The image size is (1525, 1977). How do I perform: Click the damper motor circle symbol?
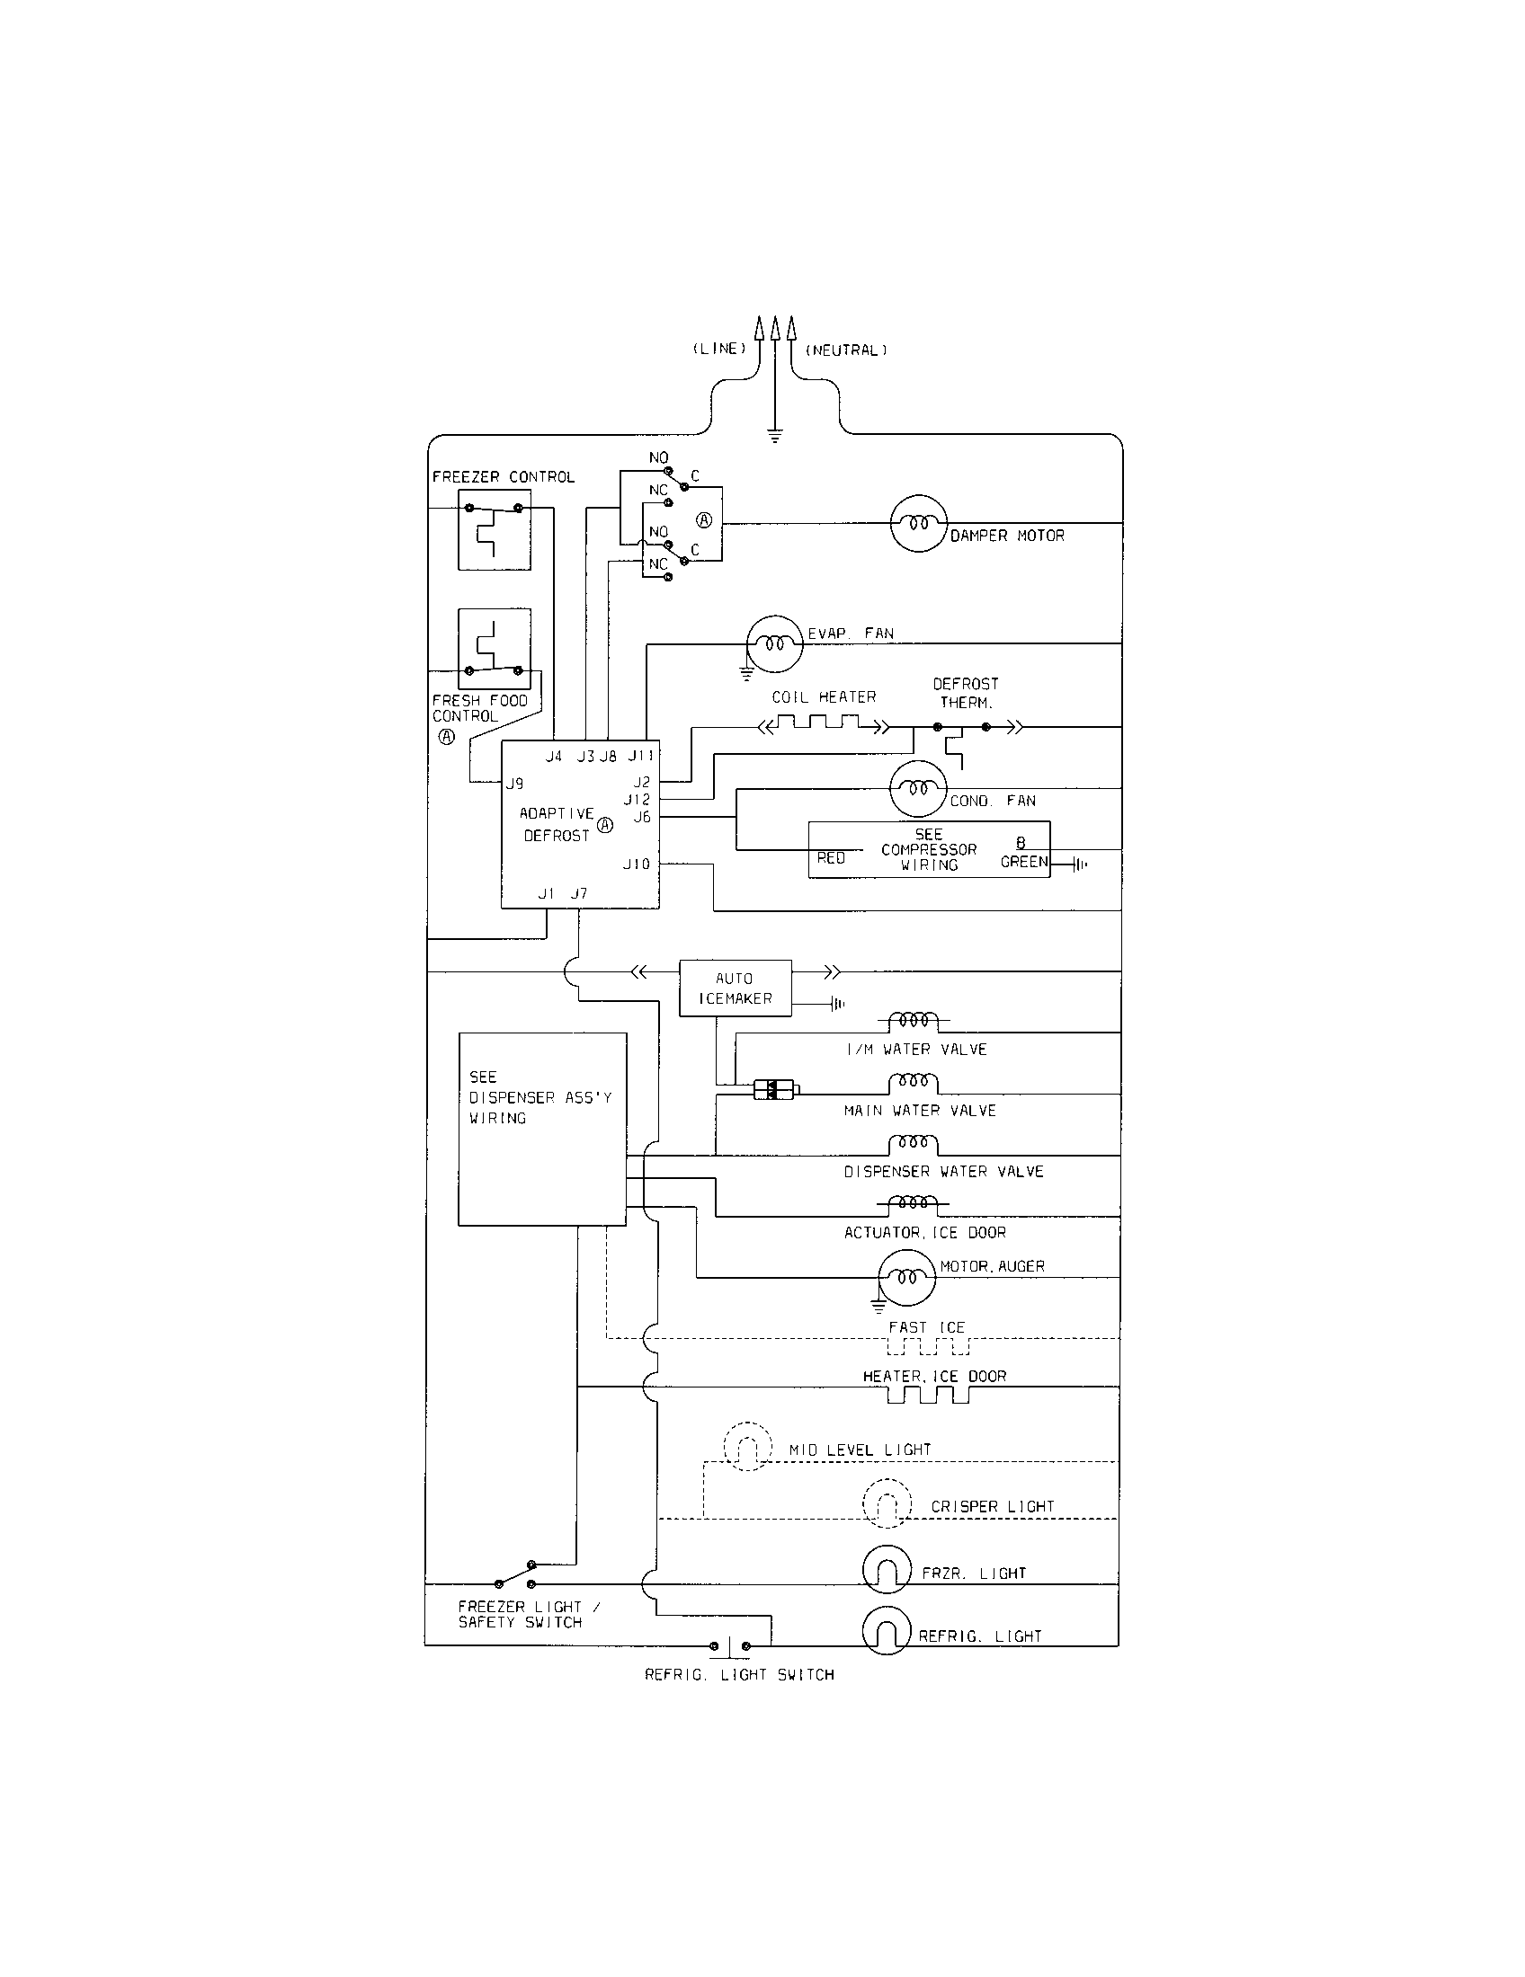918,523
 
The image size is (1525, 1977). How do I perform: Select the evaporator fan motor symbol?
774,643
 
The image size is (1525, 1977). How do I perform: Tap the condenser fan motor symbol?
918,788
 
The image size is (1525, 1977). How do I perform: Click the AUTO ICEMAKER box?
736,988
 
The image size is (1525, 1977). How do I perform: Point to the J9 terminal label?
514,783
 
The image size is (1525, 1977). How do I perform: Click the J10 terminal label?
637,864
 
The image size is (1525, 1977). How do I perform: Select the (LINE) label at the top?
719,350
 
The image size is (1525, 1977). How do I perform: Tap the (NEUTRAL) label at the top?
846,350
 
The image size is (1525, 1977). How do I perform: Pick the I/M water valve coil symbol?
913,1021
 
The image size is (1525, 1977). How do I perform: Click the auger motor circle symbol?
906,1277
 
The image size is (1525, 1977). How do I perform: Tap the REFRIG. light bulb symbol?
887,1631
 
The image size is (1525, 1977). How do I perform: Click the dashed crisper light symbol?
887,1503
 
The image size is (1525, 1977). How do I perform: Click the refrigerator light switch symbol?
730,1646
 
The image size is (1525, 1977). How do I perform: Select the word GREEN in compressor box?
1023,862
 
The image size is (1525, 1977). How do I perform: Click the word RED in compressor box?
831,857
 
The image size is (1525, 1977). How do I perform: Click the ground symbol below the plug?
775,436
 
